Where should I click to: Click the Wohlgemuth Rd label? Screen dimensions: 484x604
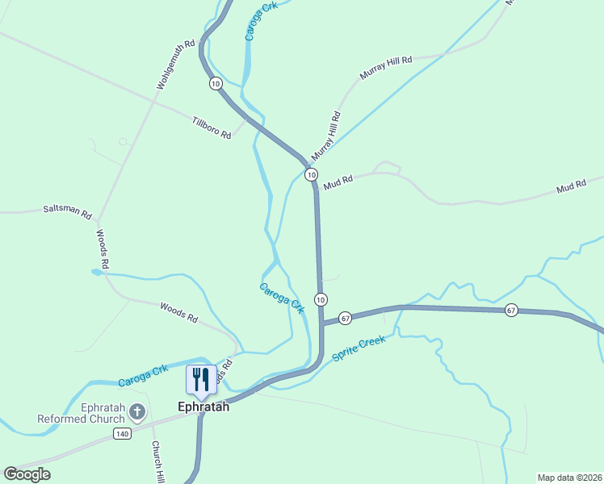(x=176, y=65)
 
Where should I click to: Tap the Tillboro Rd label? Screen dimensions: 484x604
(x=212, y=128)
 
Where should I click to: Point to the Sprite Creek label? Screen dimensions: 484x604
(x=359, y=348)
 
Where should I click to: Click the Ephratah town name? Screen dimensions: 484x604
(x=203, y=407)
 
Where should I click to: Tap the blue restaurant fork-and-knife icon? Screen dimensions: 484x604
(x=201, y=378)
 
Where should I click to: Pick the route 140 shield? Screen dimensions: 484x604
(x=122, y=434)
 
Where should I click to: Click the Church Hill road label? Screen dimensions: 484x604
(x=158, y=461)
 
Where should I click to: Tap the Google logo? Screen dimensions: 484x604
(x=27, y=474)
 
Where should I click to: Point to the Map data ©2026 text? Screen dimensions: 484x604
(x=569, y=478)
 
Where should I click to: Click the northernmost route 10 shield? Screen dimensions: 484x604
(x=215, y=83)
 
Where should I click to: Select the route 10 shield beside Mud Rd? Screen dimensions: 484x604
(x=311, y=174)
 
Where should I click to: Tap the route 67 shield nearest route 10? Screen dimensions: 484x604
(x=345, y=317)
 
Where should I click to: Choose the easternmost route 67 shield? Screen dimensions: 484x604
(x=510, y=310)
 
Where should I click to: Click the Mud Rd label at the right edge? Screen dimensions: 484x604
(x=571, y=188)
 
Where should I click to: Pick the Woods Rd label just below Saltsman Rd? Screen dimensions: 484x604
(x=103, y=248)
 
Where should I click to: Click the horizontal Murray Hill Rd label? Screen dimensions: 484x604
(x=386, y=67)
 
